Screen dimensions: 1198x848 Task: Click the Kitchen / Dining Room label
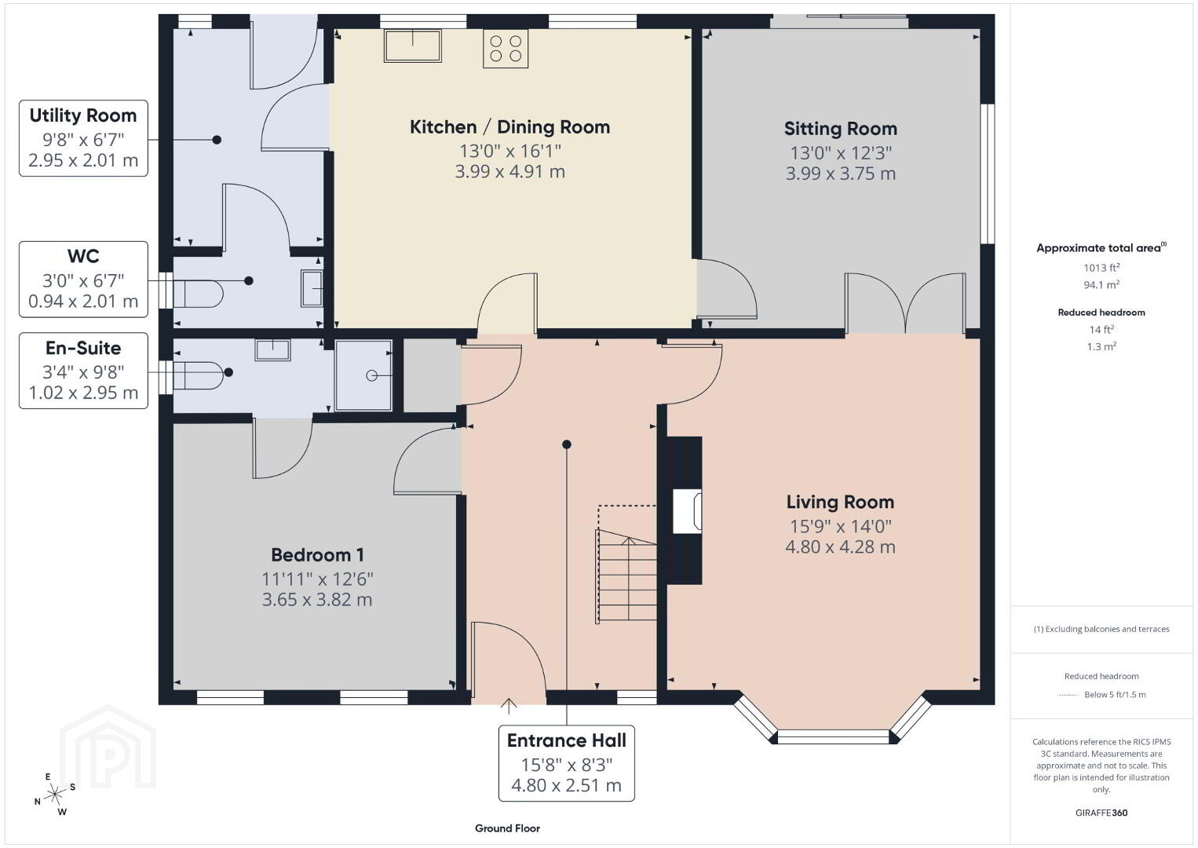(x=510, y=127)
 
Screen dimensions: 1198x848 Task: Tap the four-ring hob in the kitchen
(x=506, y=48)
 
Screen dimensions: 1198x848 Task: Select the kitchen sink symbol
(x=412, y=46)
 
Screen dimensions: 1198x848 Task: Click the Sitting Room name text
(x=840, y=129)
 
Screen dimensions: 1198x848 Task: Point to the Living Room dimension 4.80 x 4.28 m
(x=840, y=546)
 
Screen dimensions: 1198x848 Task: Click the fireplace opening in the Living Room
(x=687, y=511)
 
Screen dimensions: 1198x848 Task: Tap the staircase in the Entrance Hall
(x=626, y=576)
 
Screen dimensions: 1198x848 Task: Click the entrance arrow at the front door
(x=508, y=706)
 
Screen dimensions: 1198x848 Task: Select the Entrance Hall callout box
(x=566, y=763)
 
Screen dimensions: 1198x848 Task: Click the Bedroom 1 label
(x=317, y=555)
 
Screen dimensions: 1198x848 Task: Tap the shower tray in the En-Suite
(x=363, y=375)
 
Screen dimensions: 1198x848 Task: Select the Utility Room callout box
(x=83, y=138)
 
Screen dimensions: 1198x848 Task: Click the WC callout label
(x=83, y=256)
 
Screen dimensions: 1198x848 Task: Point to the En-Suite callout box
(x=83, y=371)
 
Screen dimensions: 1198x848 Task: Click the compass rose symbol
(x=54, y=795)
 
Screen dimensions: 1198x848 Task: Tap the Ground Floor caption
(x=508, y=828)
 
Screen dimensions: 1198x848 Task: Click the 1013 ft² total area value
(x=1101, y=268)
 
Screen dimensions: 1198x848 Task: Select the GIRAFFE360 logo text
(x=1101, y=813)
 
